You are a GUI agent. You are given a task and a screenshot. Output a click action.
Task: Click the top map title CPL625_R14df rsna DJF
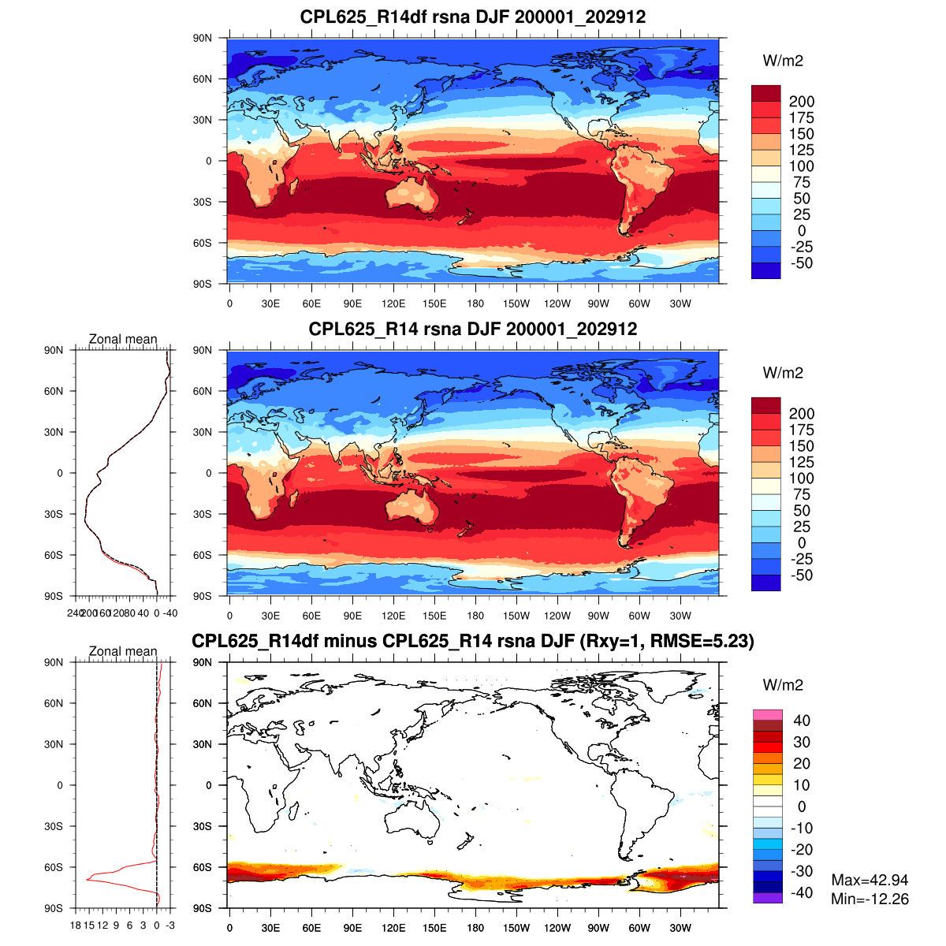pyautogui.click(x=473, y=17)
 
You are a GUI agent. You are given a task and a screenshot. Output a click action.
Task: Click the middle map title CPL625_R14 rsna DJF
pyautogui.click(x=473, y=329)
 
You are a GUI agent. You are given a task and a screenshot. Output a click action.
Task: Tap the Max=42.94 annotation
pyautogui.click(x=870, y=880)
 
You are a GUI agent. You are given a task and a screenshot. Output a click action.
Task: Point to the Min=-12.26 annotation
pyautogui.click(x=870, y=899)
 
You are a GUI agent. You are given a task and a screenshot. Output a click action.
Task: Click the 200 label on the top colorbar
pyautogui.click(x=802, y=102)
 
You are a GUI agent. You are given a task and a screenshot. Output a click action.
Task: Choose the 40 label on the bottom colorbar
pyautogui.click(x=802, y=721)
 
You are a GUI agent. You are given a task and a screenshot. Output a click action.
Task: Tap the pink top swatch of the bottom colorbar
pyautogui.click(x=767, y=714)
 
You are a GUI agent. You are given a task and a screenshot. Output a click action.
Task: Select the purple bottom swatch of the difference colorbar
pyautogui.click(x=767, y=898)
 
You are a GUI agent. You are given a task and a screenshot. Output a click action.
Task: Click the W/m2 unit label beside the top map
pyautogui.click(x=783, y=61)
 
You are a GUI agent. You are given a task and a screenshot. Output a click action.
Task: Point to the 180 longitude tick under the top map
pyautogui.click(x=475, y=304)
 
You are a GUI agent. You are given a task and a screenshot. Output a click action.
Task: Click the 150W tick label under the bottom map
pyautogui.click(x=516, y=928)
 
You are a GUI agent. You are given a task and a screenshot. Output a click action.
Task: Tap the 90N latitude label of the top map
pyautogui.click(x=203, y=38)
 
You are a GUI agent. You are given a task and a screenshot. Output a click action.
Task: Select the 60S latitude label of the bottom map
pyautogui.click(x=203, y=867)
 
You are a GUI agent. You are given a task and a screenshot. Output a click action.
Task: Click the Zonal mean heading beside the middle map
pyautogui.click(x=123, y=339)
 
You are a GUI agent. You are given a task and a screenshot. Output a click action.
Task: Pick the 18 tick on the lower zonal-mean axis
pyautogui.click(x=76, y=925)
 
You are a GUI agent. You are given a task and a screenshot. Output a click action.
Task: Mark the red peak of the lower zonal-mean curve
pyautogui.click(x=88, y=877)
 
